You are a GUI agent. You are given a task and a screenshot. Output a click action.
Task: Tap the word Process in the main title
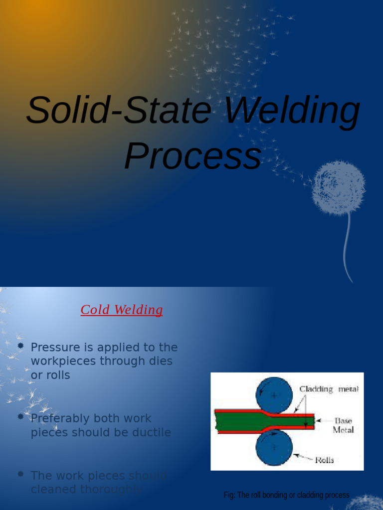[192, 155]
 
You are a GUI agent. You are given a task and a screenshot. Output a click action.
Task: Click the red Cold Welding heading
[122, 310]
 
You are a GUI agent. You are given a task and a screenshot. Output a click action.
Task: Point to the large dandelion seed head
[339, 187]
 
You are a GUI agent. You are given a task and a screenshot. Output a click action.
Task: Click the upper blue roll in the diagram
[274, 395]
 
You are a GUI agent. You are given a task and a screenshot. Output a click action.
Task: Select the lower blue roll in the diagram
[274, 447]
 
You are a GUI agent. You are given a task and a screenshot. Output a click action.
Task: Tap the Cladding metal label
[329, 389]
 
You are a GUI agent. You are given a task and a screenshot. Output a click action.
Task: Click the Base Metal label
[343, 425]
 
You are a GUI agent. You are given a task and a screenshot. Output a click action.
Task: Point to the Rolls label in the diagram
[324, 460]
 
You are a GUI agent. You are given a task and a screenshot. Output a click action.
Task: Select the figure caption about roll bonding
[286, 495]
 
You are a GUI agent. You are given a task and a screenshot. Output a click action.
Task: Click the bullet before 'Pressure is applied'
[20, 345]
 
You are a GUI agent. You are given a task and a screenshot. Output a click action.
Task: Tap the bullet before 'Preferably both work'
[20, 416]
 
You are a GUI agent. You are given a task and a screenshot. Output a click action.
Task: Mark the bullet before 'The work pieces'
[20, 474]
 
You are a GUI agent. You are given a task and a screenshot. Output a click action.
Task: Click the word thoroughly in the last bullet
[117, 490]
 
